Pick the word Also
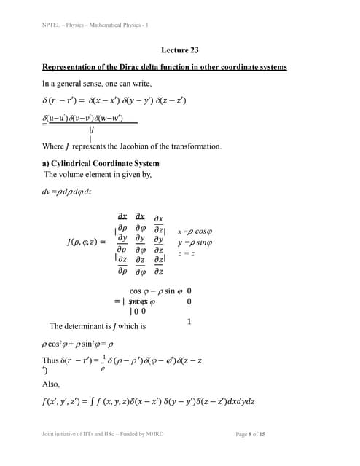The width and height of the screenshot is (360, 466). coord(51,383)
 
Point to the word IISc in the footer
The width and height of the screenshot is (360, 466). coord(109,434)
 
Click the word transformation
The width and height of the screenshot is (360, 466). coord(196,146)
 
